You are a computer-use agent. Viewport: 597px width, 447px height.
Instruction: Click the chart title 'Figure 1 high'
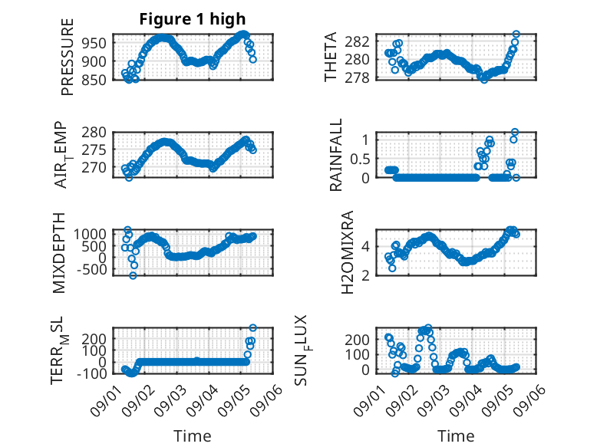point(193,19)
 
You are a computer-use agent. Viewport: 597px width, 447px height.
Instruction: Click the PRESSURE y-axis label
point(67,57)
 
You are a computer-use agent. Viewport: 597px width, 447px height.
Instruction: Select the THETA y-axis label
point(331,57)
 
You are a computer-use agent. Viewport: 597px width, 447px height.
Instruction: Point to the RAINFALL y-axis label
point(336,155)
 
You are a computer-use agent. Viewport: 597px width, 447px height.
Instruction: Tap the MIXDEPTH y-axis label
point(58,253)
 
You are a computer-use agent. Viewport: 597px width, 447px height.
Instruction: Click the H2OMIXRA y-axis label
point(348,252)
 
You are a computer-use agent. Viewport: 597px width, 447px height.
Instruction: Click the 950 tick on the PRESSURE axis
point(94,43)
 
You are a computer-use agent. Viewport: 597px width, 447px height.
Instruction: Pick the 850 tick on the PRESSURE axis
point(94,80)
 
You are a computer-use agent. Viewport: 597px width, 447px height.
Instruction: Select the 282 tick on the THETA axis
point(357,41)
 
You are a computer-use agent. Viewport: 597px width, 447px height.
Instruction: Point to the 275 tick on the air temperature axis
point(94,150)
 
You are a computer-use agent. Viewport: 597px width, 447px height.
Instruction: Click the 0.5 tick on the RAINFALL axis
point(360,159)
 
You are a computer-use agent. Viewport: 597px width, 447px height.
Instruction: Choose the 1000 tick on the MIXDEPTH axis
point(90,234)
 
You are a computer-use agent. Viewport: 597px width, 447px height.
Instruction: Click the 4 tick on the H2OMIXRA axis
point(365,247)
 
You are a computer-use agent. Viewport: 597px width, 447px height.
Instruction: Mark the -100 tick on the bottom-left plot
point(91,373)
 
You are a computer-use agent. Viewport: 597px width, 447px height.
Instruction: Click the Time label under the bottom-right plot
point(456,436)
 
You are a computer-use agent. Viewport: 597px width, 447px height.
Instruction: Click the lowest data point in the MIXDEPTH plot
point(133,275)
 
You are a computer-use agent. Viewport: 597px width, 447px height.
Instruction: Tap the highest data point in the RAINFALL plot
point(515,132)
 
